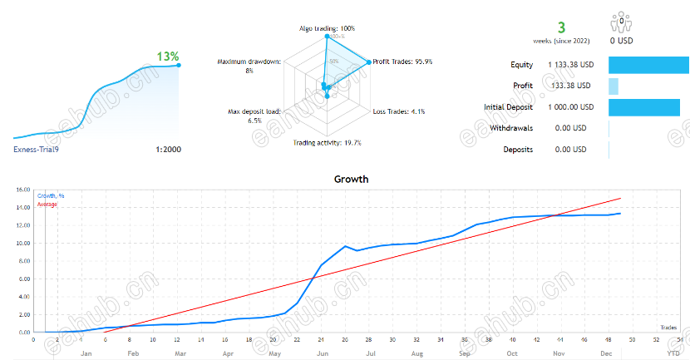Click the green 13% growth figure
pyautogui.click(x=168, y=57)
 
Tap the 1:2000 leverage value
pyautogui.click(x=168, y=150)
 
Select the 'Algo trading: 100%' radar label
pyautogui.click(x=326, y=28)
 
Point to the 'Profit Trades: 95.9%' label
pyautogui.click(x=403, y=61)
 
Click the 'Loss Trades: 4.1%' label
pyautogui.click(x=399, y=111)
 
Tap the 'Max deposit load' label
pyautogui.click(x=255, y=111)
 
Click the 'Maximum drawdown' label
pyautogui.click(x=249, y=62)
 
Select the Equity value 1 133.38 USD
pyautogui.click(x=570, y=64)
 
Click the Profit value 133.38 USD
pyautogui.click(x=572, y=86)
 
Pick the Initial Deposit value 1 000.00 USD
pyautogui.click(x=570, y=107)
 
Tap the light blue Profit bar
pyautogui.click(x=614, y=86)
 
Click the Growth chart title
pyautogui.click(x=351, y=179)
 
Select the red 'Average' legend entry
pyautogui.click(x=47, y=204)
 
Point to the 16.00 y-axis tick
pyautogui.click(x=22, y=190)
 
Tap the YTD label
pyautogui.click(x=672, y=353)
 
